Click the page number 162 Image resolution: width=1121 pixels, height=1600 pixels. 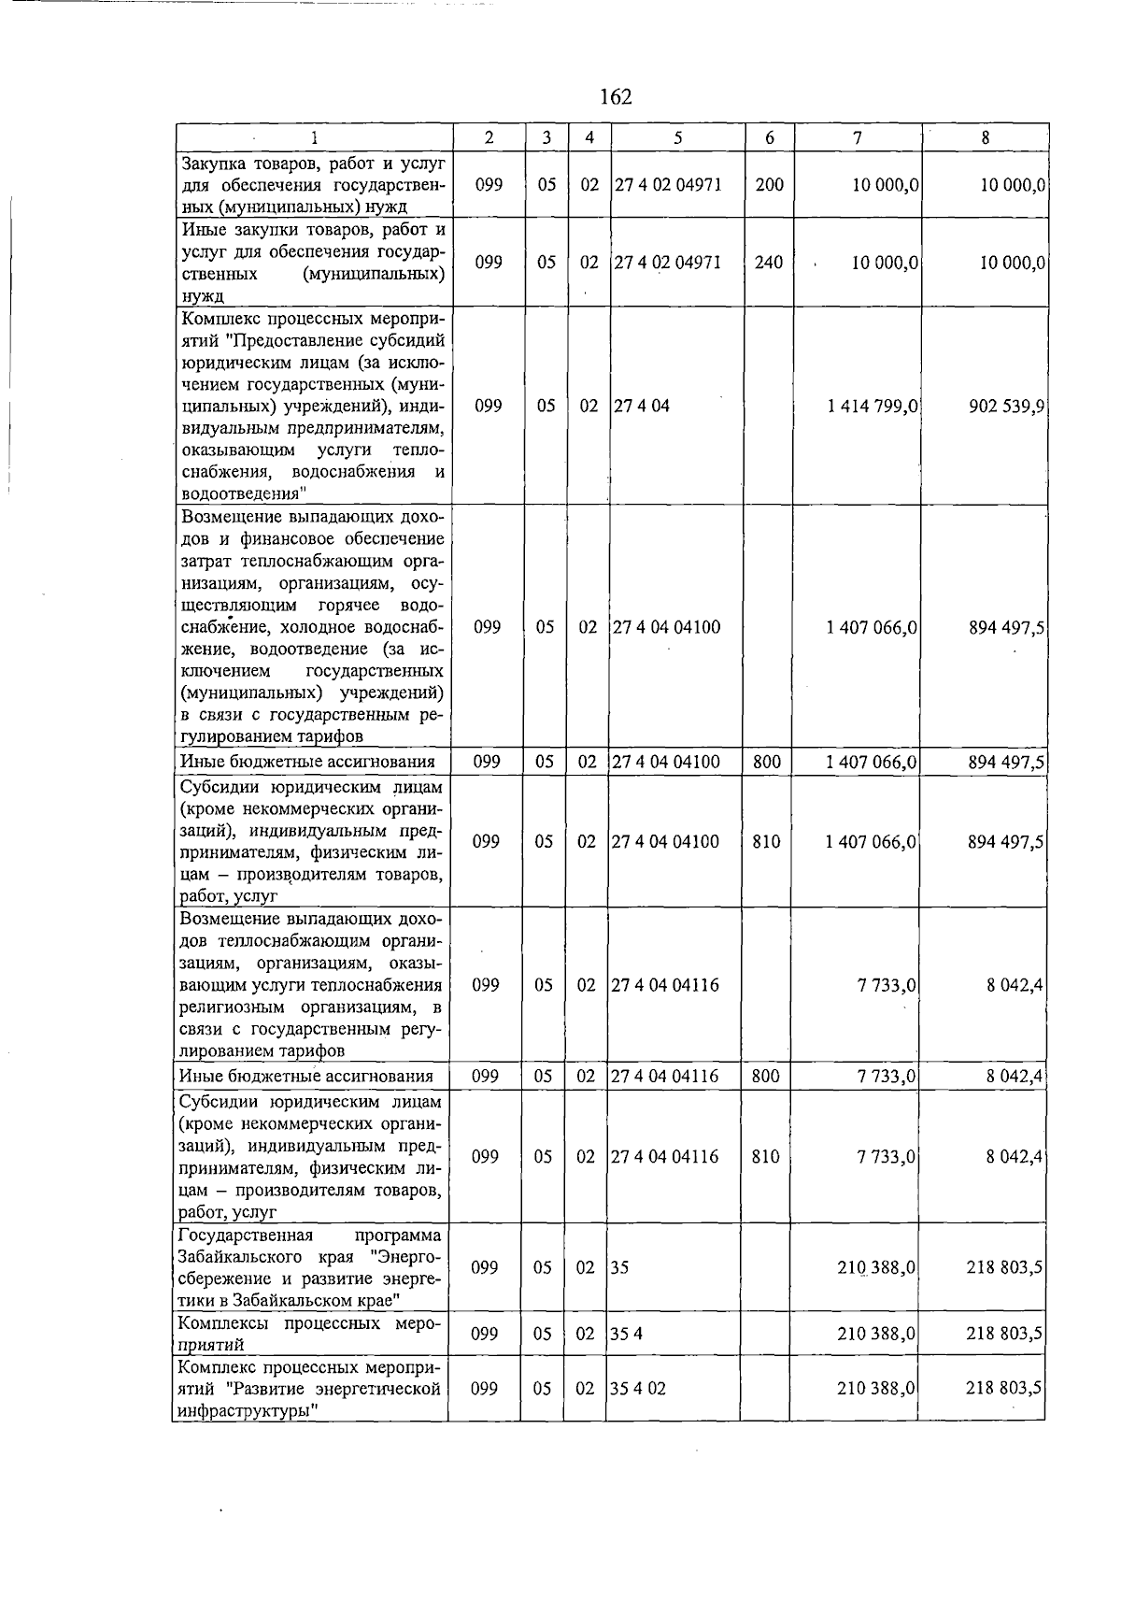(x=616, y=97)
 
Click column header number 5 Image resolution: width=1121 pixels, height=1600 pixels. (x=677, y=137)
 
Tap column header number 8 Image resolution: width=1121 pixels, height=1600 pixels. (x=985, y=137)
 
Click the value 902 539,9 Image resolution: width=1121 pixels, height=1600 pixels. (x=1006, y=407)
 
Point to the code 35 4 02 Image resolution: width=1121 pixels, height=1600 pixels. (x=638, y=1389)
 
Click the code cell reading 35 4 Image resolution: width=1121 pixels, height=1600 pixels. (x=626, y=1335)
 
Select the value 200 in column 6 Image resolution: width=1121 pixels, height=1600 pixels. (x=769, y=185)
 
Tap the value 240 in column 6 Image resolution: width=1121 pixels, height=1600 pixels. (x=769, y=263)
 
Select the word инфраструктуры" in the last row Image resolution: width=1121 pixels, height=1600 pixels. (x=244, y=1411)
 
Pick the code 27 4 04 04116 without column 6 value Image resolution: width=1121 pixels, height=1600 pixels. (x=665, y=985)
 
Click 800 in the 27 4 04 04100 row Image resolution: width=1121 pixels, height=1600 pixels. (x=766, y=763)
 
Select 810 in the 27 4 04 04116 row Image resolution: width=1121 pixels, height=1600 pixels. (x=765, y=1157)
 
